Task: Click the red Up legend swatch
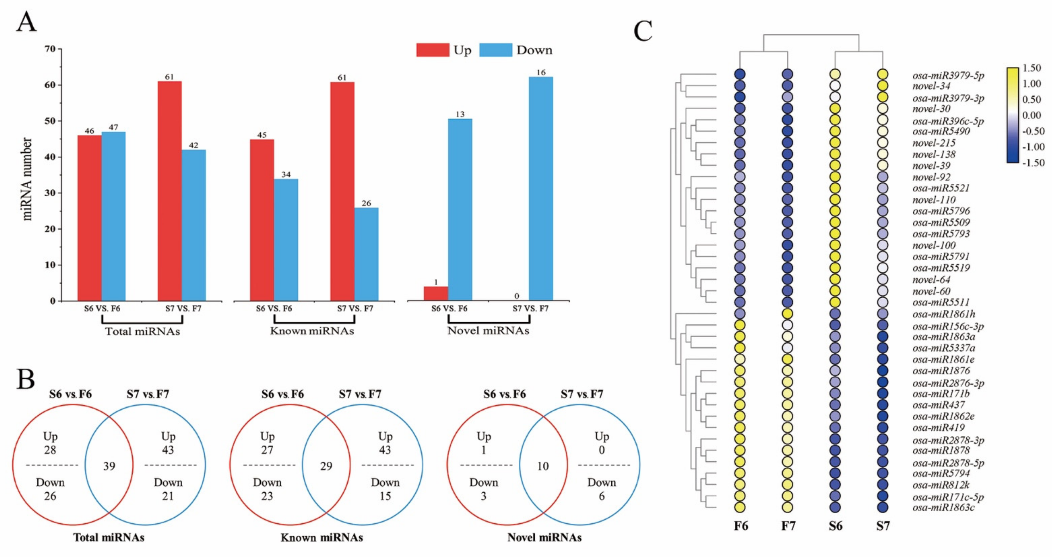point(432,50)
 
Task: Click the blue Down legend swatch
point(495,50)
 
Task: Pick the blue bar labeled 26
point(366,254)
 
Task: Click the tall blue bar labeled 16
point(541,189)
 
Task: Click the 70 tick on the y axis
point(50,49)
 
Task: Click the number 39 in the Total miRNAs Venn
point(109,466)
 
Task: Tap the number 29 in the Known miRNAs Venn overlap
point(326,466)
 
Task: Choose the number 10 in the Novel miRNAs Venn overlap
point(543,466)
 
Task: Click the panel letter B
point(25,380)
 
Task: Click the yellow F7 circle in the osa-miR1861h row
point(787,314)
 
